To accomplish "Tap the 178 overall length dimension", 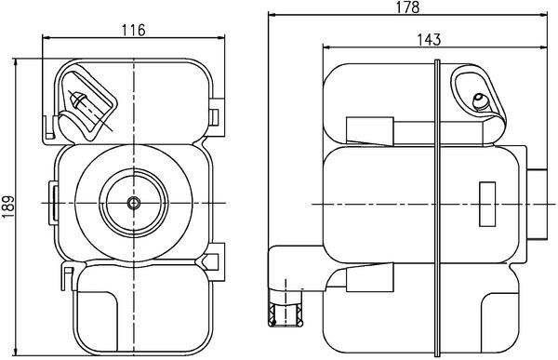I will (407, 7).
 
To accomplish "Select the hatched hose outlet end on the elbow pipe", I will (286, 317).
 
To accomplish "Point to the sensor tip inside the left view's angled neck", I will (78, 101).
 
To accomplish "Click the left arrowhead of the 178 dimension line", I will (272, 16).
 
